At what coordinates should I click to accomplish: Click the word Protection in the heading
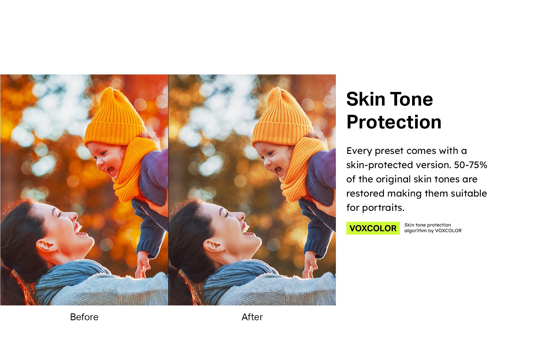(x=394, y=122)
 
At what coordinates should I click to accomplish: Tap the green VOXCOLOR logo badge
(x=373, y=228)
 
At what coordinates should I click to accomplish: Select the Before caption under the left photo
(x=84, y=317)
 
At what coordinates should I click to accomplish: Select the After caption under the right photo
(x=252, y=317)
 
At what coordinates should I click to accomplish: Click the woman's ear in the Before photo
(x=46, y=246)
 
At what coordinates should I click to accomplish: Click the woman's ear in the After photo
(x=214, y=246)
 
